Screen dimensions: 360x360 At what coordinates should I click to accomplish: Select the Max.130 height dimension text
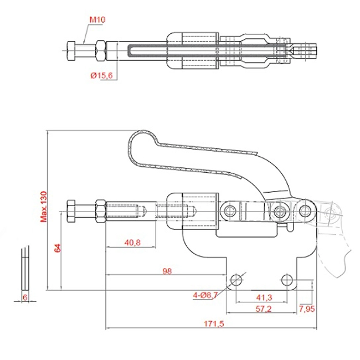43,206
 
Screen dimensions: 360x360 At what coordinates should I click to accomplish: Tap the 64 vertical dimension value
56,248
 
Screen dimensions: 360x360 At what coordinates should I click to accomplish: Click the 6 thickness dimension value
24,297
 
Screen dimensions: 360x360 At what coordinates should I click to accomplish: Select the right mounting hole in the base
286,279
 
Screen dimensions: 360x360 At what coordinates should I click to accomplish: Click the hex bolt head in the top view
72,51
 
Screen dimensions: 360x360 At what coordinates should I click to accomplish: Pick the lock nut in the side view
101,211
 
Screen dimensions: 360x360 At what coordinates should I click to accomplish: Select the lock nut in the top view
101,51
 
